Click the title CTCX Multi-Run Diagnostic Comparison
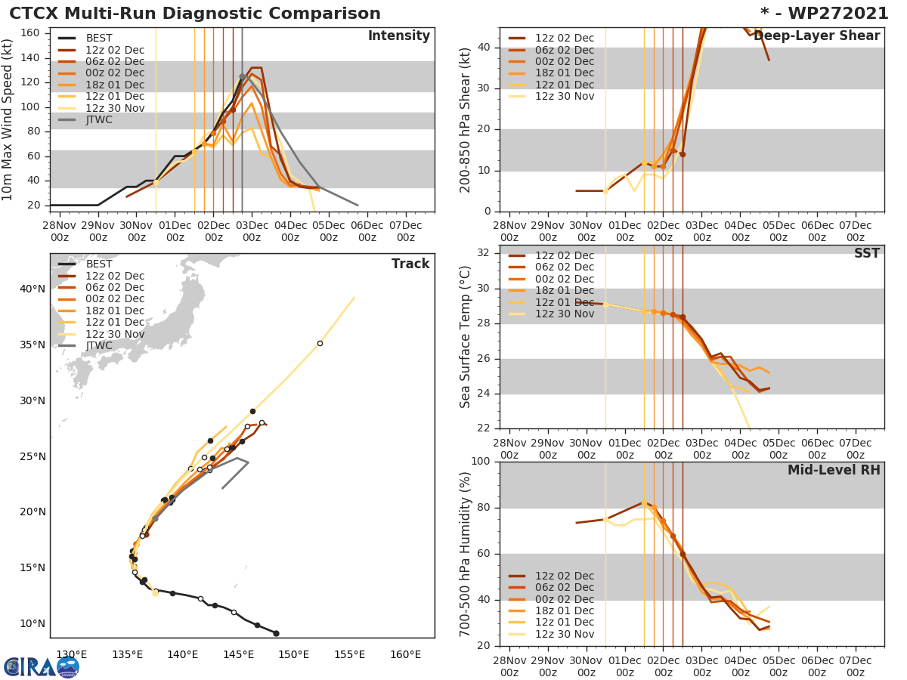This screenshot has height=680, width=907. pos(195,14)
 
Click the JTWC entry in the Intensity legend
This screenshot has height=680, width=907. pos(99,119)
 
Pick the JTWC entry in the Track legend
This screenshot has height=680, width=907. pos(99,345)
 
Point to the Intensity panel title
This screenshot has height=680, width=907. pos(398,36)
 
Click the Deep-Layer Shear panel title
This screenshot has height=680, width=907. pos(817,36)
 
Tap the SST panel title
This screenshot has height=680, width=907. pos(866,254)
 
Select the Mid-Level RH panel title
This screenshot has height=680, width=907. pos(834,470)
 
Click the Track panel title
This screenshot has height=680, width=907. pos(410,264)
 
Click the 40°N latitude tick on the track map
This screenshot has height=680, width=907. pos(33,289)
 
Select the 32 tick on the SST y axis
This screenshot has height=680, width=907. pos(484,253)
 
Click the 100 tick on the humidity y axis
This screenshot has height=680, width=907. pos(481,462)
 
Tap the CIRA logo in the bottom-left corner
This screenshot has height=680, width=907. pos(41,666)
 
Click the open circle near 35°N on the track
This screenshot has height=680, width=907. pos(320,343)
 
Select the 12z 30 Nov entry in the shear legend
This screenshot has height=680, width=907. pos(565,96)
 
